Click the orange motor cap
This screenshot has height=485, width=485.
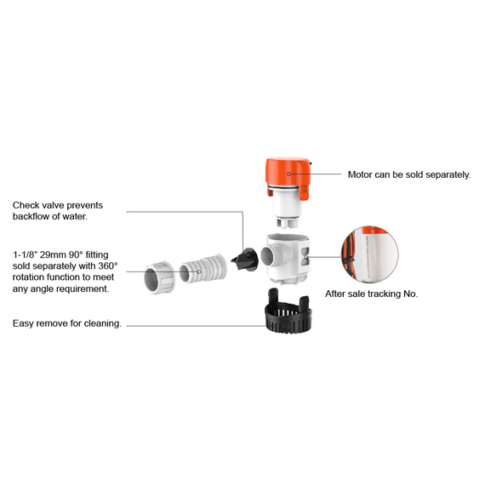288,174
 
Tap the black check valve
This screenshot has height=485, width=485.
245,260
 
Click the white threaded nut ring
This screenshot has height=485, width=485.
160,277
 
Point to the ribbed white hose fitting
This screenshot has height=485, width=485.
203,269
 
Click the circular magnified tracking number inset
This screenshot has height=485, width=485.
369,254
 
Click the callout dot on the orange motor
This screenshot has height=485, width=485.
289,174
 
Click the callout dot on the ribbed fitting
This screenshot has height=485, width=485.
199,272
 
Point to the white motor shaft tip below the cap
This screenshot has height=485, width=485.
287,223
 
